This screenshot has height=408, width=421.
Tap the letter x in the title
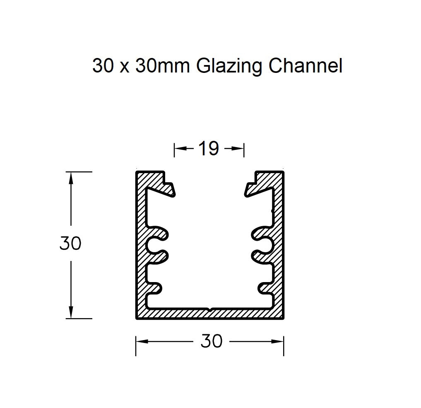pyautogui.click(x=123, y=67)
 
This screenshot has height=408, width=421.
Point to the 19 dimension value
pyautogui.click(x=208, y=149)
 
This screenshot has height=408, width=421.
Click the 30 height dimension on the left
pyautogui.click(x=70, y=244)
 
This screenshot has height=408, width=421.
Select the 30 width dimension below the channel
pyautogui.click(x=211, y=341)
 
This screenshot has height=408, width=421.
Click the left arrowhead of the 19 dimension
pyautogui.click(x=178, y=148)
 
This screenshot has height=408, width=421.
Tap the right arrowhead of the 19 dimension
pyautogui.click(x=239, y=148)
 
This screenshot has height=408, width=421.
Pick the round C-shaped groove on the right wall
pyautogui.click(x=264, y=245)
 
